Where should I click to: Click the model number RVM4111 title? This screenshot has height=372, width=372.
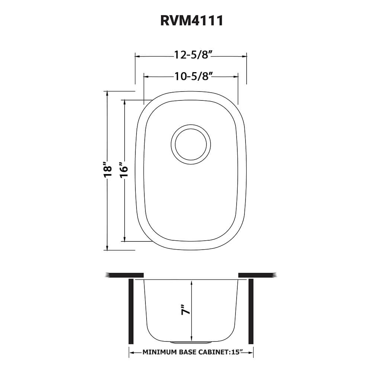pos(192,21)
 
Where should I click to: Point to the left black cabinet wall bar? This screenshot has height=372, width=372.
pos(131,311)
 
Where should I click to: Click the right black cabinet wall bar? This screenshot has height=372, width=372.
pos(251,311)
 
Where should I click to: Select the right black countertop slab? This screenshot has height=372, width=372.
pos(257,275)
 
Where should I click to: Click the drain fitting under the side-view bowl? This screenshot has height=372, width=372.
pos(191,341)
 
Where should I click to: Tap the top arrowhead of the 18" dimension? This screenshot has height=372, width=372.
pos(107,93)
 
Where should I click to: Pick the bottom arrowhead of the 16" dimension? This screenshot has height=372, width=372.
pos(124,239)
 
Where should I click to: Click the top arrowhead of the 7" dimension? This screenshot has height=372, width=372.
pos(191,283)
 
